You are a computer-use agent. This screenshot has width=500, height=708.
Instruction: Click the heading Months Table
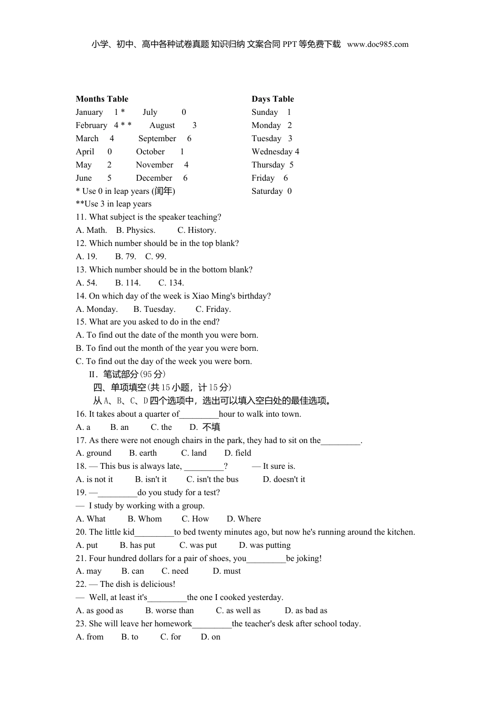tap(102, 99)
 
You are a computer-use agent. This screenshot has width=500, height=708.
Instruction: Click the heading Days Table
tap(273, 99)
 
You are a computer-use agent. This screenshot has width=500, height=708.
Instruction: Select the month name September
tap(157, 139)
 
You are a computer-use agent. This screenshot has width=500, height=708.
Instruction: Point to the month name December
tap(154, 178)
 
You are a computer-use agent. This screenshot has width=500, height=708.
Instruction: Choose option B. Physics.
tap(136, 230)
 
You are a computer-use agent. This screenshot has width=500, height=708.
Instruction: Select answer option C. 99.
tap(156, 257)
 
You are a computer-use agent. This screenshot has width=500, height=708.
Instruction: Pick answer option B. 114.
tap(128, 283)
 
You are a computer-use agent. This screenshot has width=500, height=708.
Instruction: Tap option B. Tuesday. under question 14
tap(154, 309)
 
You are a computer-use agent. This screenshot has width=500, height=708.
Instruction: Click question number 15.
tap(81, 322)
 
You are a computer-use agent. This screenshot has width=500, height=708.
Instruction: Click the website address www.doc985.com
tap(377, 45)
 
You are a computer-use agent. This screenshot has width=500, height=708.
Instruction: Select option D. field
tap(238, 453)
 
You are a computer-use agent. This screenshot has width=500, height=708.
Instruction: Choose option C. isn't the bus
tap(213, 479)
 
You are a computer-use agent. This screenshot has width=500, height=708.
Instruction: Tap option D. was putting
tap(265, 545)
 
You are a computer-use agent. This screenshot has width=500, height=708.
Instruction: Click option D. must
tap(227, 571)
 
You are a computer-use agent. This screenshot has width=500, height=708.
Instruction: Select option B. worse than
tap(169, 611)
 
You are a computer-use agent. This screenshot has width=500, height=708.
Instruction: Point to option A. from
tap(90, 637)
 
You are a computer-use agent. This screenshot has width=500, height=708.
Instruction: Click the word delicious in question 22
tap(156, 584)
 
